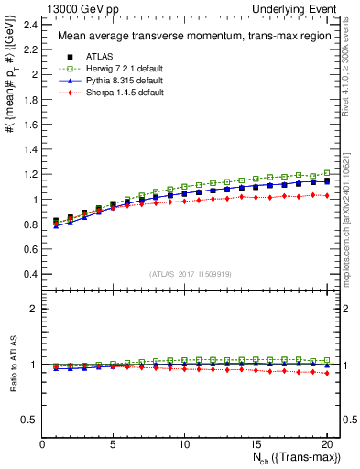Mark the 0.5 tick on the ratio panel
point(30,420)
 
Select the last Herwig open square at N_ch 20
point(325,173)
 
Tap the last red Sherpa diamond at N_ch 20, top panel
point(325,195)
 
